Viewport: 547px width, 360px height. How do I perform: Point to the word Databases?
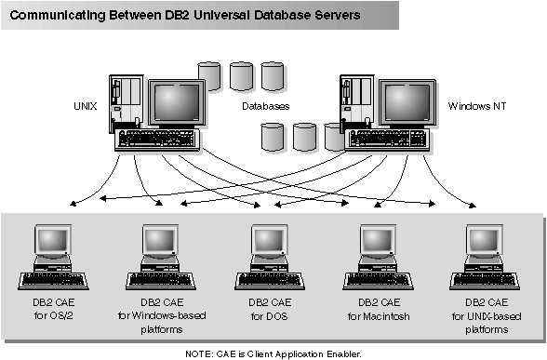click(266, 106)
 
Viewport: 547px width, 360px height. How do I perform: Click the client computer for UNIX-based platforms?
click(485, 256)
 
